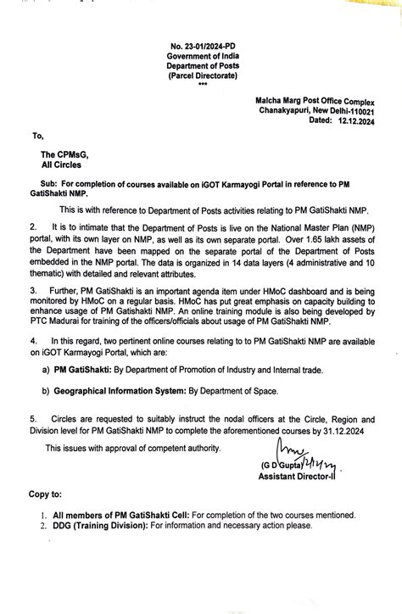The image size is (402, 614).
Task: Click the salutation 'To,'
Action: pyautogui.click(x=37, y=136)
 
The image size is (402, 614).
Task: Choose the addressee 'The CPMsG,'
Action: pyautogui.click(x=62, y=155)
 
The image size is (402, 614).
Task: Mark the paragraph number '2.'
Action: pyautogui.click(x=33, y=227)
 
